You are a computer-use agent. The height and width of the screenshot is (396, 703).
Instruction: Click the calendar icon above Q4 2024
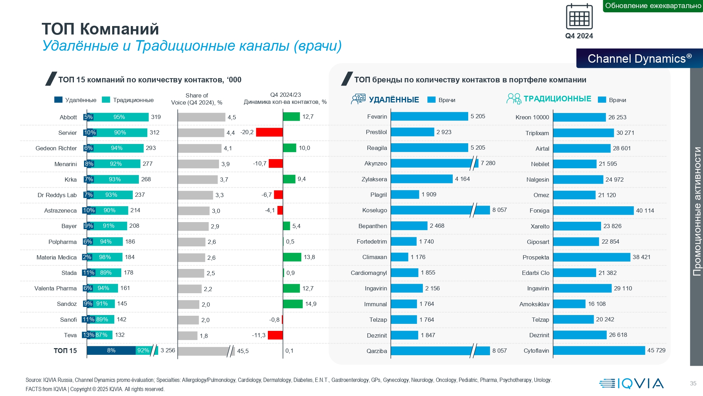coord(579,17)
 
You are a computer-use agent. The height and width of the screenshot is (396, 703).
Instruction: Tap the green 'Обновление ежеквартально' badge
coord(653,6)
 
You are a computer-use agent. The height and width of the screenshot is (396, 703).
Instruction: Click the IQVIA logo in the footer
coord(631,383)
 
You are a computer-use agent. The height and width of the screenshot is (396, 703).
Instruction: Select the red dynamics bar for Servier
coord(269,132)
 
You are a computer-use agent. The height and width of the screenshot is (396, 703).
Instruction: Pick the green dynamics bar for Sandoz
coord(293,304)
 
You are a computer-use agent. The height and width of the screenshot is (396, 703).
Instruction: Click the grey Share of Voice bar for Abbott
coord(201,117)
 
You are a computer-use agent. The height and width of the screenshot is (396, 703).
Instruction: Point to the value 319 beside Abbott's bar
coord(156,117)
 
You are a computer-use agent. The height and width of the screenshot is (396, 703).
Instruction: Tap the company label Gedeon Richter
coord(56,148)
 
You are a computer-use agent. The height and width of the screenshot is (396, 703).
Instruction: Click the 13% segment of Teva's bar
coord(89,335)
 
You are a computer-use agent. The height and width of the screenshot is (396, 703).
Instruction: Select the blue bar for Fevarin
coord(429,117)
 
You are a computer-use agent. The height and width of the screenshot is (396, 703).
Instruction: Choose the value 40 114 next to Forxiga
coord(645,210)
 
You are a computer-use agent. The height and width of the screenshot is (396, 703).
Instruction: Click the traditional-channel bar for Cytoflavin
coord(599,351)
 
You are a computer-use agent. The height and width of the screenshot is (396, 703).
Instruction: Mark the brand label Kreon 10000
coord(532,117)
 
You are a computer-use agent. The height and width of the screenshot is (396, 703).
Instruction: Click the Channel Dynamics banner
coord(639,58)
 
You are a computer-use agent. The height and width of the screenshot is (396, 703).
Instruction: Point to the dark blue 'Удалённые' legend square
coord(58,100)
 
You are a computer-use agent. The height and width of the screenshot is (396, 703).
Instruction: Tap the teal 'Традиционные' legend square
coord(106,100)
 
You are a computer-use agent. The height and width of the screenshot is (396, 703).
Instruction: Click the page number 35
coord(693,383)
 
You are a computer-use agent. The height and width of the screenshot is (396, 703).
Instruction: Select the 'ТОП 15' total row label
coord(65,351)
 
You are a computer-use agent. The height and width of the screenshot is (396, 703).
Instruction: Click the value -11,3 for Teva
coord(259,335)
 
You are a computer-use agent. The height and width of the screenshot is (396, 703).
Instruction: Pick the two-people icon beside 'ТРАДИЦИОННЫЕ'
coord(514,99)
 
